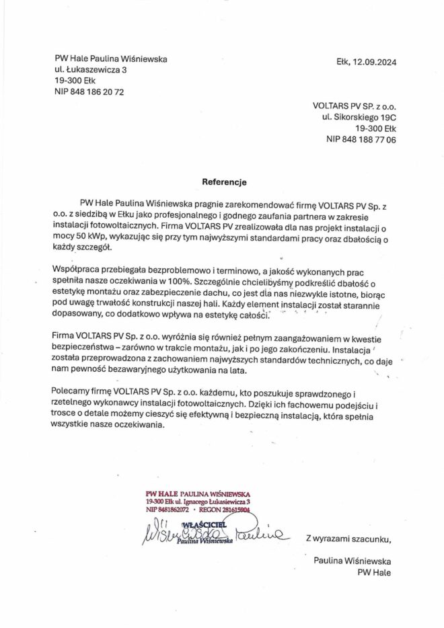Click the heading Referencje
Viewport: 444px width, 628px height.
[x=225, y=182]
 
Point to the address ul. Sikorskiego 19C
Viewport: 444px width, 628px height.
[x=359, y=117]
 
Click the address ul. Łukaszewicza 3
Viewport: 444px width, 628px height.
[x=91, y=69]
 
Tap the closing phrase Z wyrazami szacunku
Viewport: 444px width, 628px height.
[x=348, y=538]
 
